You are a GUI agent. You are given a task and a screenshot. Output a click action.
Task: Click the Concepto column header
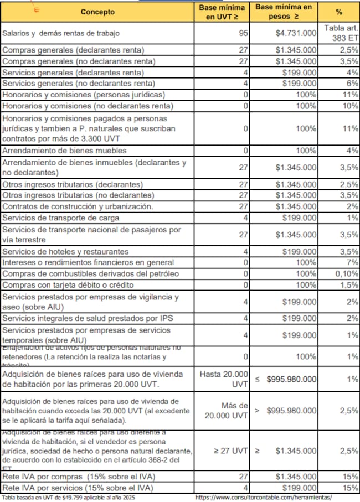tap(97, 12)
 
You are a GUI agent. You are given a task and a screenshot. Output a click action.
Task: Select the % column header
tap(339, 12)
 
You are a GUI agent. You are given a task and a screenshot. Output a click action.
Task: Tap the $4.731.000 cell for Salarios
tap(296, 33)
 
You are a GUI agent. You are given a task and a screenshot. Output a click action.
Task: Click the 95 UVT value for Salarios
tap(244, 33)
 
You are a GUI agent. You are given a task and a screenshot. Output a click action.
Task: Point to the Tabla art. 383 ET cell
tap(341, 33)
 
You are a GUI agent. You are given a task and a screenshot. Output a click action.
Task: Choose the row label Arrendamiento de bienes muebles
tap(65, 151)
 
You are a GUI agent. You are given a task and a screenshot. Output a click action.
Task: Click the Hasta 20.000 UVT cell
tap(227, 379)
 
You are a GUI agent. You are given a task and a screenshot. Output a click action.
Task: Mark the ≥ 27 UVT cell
tap(232, 451)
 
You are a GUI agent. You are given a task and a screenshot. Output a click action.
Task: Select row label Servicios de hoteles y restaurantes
tap(65, 251)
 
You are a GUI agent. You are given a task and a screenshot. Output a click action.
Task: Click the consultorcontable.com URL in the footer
tap(263, 498)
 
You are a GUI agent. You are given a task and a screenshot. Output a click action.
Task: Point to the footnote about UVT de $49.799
tap(69, 498)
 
